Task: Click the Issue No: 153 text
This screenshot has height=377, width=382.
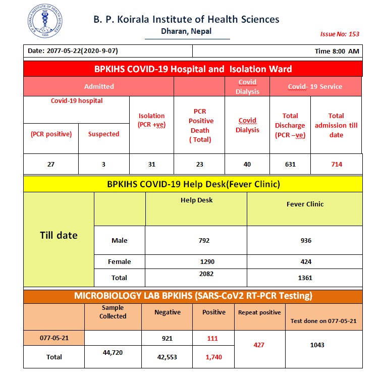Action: (x=340, y=34)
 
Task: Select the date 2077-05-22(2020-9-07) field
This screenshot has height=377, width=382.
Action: (x=73, y=51)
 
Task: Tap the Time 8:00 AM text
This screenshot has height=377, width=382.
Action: (x=337, y=51)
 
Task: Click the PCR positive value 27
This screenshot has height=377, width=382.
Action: (x=51, y=164)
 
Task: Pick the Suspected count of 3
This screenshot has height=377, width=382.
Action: (x=103, y=164)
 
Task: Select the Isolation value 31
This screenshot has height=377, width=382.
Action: (x=151, y=164)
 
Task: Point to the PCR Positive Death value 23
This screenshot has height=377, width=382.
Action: (x=199, y=164)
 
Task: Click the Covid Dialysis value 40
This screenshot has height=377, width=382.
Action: (x=247, y=164)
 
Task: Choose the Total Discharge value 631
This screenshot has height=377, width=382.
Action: (x=290, y=164)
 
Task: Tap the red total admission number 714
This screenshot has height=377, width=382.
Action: (x=336, y=164)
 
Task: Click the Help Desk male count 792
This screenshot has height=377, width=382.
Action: (x=204, y=241)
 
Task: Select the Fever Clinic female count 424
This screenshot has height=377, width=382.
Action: (x=305, y=261)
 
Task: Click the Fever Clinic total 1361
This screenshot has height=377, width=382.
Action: (x=305, y=278)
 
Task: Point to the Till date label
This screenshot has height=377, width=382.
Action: (x=59, y=235)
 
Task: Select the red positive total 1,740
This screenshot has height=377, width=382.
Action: (x=213, y=357)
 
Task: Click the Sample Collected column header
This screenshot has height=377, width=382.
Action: (x=113, y=312)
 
